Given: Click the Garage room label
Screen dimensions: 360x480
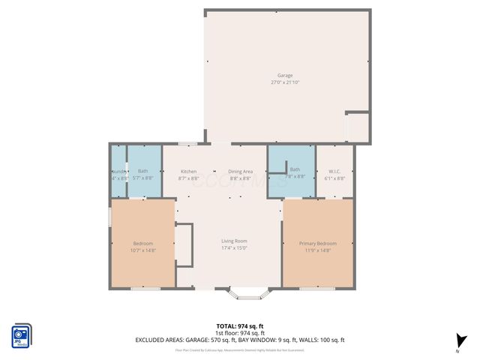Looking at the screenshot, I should tap(285, 75).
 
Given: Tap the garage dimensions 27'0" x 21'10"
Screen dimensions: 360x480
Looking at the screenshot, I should tap(285, 82).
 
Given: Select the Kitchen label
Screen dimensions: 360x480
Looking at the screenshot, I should tap(188, 171).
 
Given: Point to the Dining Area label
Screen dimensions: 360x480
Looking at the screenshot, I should tap(241, 171).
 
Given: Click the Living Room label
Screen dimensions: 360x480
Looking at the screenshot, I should tap(234, 241).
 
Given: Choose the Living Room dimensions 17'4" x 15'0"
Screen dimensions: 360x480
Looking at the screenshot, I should tap(234, 247).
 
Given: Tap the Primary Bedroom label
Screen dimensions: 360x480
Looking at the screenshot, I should tap(318, 244).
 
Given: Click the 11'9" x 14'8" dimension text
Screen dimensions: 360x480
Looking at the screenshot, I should tap(318, 250).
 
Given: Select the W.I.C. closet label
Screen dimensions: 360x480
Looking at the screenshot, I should tap(334, 171).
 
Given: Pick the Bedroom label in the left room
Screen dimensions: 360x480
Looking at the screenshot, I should tap(143, 244).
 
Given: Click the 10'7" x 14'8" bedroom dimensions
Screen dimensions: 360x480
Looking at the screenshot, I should tap(143, 250).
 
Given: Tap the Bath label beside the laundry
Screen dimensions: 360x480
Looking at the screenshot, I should tap(142, 171).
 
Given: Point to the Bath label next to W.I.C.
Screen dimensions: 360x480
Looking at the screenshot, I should tap(295, 169).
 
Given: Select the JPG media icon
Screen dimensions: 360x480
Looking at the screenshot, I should tap(21, 335).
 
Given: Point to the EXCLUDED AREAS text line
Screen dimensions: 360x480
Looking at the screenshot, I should tap(240, 340).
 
